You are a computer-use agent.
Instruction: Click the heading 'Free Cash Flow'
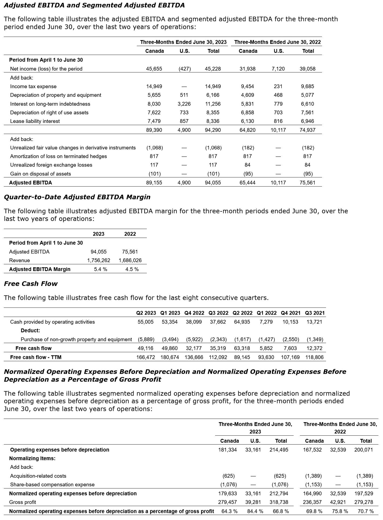click(31, 284)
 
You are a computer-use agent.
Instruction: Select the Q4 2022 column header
click(194, 313)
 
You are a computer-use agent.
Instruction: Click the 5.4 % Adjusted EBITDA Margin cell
click(100, 269)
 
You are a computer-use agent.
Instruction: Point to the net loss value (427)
click(185, 69)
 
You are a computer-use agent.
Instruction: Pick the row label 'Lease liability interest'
click(35, 121)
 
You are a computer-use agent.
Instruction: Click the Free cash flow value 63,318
click(242, 348)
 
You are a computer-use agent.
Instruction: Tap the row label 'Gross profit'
click(22, 502)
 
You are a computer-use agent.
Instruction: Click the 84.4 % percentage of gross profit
click(255, 511)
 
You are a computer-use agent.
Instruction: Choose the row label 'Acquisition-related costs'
click(38, 476)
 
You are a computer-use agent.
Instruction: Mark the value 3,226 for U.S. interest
click(185, 104)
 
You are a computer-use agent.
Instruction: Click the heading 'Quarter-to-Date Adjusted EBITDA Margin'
click(77, 197)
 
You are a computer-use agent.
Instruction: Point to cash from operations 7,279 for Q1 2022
click(266, 322)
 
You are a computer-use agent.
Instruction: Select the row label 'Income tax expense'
click(33, 86)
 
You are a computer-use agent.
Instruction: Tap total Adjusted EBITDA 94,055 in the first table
click(213, 183)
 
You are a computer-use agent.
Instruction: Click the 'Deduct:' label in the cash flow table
click(30, 330)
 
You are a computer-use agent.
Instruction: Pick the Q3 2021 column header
click(315, 313)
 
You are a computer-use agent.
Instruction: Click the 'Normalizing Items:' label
click(32, 458)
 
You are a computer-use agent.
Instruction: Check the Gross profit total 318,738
click(279, 502)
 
